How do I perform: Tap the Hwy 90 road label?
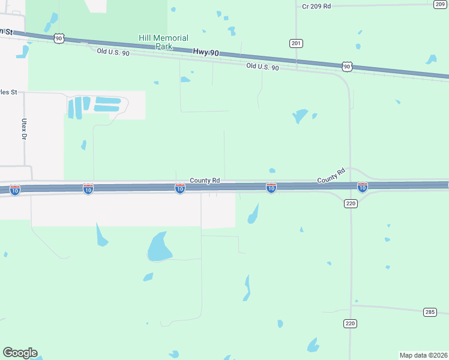coord(206,53)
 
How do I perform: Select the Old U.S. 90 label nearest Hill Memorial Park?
coord(113,52)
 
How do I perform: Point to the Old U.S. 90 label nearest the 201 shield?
coord(262,67)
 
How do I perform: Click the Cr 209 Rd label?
coord(316,6)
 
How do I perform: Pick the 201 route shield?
coord(296,43)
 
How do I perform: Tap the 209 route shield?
coord(439,4)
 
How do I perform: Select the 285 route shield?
coord(430,312)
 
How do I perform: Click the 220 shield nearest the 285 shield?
coord(351,323)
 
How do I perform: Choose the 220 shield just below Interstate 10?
coord(351,204)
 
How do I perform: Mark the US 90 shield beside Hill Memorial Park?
coord(58,38)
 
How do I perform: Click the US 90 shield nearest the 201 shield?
coord(347,66)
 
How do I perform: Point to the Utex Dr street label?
coord(25,129)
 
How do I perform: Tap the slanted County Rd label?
coord(331,176)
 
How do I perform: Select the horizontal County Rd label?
coord(205,180)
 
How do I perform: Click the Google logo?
coord(20,353)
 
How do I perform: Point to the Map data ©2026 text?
coord(423,355)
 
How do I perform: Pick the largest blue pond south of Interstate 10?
coord(158,247)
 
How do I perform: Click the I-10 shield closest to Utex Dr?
coord(15,190)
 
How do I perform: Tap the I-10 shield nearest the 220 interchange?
coord(362,188)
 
